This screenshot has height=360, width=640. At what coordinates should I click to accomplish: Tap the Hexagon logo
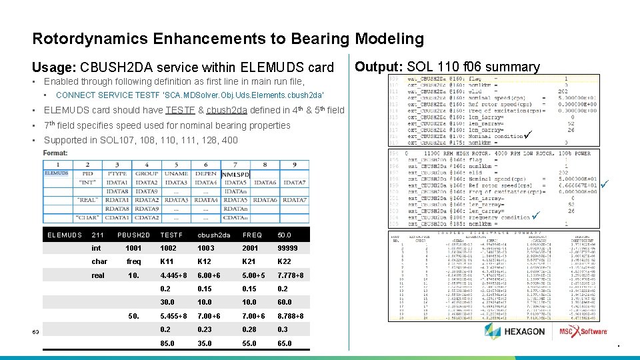pyautogui.click(x=515, y=331)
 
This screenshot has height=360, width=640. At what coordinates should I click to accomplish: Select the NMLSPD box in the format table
pyautogui.click(x=235, y=175)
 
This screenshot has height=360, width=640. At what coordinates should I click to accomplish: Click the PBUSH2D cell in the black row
pyautogui.click(x=133, y=235)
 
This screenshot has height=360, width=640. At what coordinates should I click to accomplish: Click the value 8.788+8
pyautogui.click(x=291, y=316)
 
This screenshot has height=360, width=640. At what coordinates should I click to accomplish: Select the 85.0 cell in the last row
pyautogui.click(x=168, y=343)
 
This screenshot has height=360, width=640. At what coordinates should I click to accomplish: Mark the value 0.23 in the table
pyautogui.click(x=205, y=329)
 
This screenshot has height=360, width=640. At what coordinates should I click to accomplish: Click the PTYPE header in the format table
pyautogui.click(x=117, y=173)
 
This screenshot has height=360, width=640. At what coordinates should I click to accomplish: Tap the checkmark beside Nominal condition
pyautogui.click(x=527, y=136)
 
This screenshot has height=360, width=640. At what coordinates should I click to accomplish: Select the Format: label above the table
pyautogui.click(x=55, y=153)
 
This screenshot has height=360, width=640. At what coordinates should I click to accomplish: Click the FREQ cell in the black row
pyautogui.click(x=252, y=235)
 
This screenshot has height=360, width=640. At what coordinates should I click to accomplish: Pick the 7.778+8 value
pyautogui.click(x=291, y=275)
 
